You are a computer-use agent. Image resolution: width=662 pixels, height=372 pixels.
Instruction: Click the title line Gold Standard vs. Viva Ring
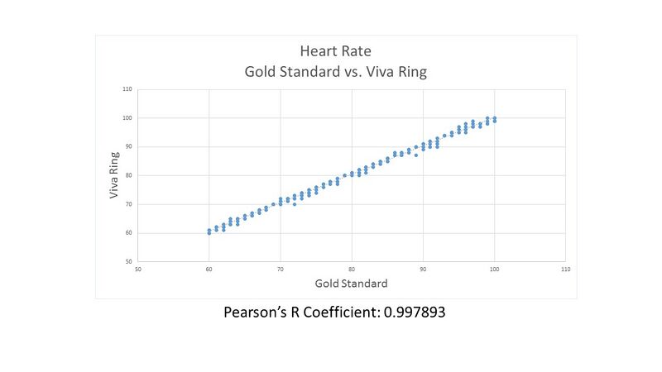(x=336, y=71)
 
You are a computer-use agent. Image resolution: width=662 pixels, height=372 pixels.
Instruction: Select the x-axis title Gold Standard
(x=352, y=284)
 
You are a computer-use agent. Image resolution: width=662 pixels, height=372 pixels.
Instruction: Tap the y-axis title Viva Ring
(x=115, y=175)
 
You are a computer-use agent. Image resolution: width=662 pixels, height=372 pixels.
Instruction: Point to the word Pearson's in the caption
(x=257, y=313)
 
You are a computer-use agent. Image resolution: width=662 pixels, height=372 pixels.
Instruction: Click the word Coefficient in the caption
(x=338, y=313)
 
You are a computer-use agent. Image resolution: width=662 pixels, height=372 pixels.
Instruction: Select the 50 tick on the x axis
(x=137, y=269)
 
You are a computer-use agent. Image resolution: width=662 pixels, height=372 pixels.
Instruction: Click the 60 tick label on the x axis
(x=209, y=269)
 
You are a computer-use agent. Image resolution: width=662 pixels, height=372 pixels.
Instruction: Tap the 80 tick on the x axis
(x=352, y=269)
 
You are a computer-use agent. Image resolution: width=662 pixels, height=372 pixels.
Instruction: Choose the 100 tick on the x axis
(x=495, y=269)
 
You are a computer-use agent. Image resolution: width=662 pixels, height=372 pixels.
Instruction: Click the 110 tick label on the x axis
(x=566, y=269)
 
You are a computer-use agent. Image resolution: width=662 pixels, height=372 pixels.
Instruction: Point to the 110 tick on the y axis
(x=127, y=88)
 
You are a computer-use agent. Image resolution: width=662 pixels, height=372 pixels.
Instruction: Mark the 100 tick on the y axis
(x=127, y=117)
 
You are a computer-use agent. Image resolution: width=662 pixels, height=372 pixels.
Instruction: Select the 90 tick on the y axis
(x=128, y=146)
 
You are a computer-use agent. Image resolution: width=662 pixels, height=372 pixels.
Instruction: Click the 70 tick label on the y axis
(x=128, y=204)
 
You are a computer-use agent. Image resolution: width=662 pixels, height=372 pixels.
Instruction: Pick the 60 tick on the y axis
(x=128, y=233)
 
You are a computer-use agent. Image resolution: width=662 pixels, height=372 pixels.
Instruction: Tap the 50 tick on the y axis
(x=128, y=261)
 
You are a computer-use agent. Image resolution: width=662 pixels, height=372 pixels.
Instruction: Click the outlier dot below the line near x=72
(x=295, y=203)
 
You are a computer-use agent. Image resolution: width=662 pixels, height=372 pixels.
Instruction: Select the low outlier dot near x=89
(x=416, y=155)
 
